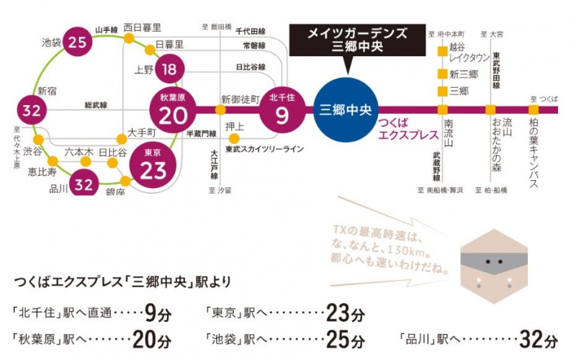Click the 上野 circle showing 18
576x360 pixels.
click(169, 70)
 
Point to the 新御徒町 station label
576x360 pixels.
click(240, 99)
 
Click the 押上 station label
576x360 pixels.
click(235, 127)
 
